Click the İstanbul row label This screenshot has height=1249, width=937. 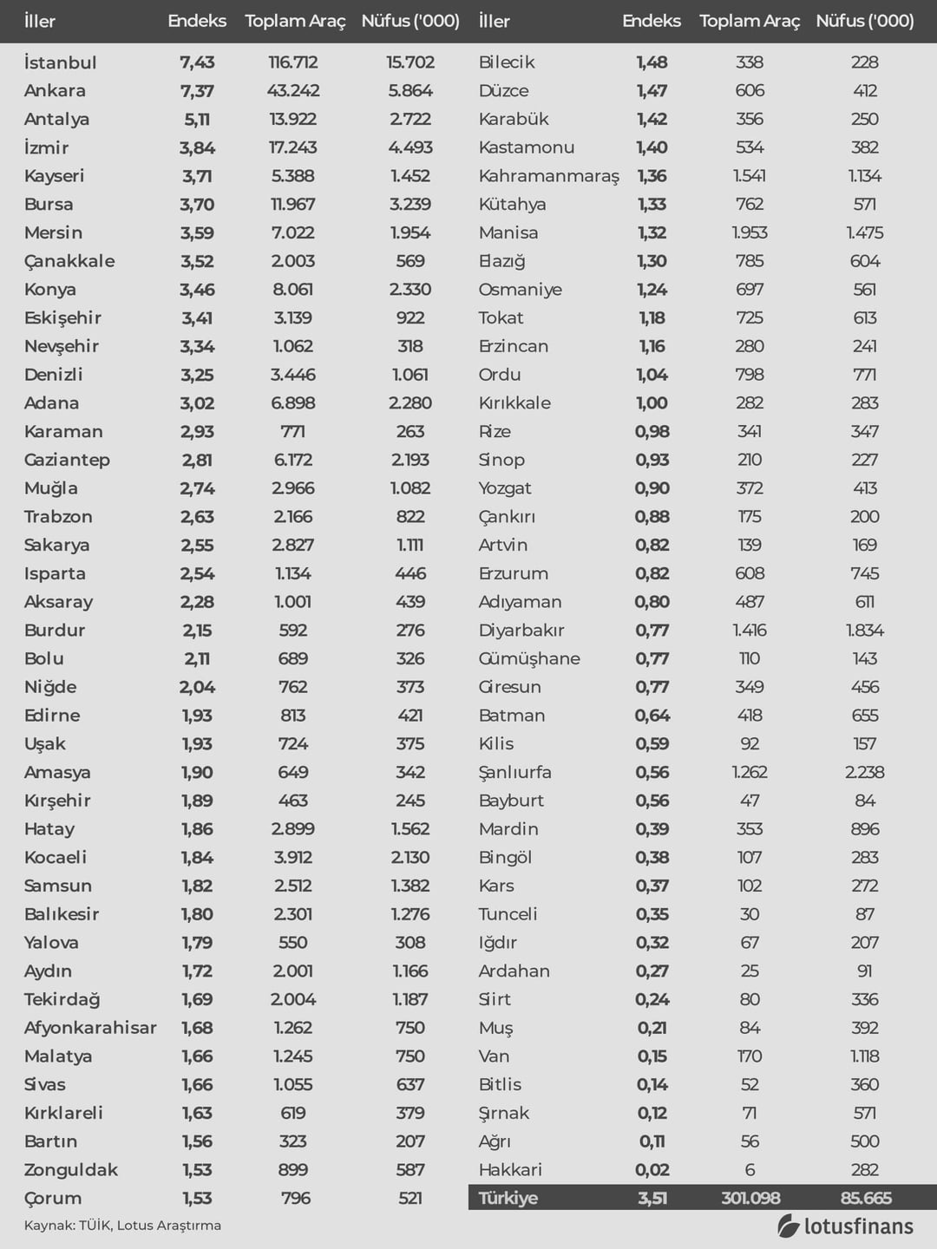pyautogui.click(x=60, y=62)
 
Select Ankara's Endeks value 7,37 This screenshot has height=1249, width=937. pyautogui.click(x=197, y=91)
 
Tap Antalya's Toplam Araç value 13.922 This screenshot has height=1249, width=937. pyautogui.click(x=293, y=120)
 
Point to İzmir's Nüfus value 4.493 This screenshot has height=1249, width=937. pyautogui.click(x=410, y=148)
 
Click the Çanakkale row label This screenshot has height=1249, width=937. pyautogui.click(x=69, y=261)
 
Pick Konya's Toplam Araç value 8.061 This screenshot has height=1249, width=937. pyautogui.click(x=293, y=290)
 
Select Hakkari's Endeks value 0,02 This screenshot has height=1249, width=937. pyautogui.click(x=652, y=1170)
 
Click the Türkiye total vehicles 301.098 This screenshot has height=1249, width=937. pyautogui.click(x=750, y=1198)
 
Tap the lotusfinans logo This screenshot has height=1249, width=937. pyautogui.click(x=845, y=1226)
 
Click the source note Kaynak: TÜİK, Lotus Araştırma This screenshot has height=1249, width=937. pyautogui.click(x=122, y=1226)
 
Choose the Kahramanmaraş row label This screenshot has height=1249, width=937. pyautogui.click(x=548, y=176)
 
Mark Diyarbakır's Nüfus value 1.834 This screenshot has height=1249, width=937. pyautogui.click(x=865, y=631)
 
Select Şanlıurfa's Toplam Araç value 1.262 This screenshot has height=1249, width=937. pyautogui.click(x=750, y=772)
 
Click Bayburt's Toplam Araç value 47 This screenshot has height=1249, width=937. pyautogui.click(x=750, y=801)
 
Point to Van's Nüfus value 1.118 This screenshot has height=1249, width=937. pyautogui.click(x=865, y=1056)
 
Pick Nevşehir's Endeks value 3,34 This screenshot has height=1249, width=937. pyautogui.click(x=197, y=346)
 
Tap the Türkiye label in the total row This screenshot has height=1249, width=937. pyautogui.click(x=508, y=1198)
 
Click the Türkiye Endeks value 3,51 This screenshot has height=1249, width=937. pyautogui.click(x=652, y=1198)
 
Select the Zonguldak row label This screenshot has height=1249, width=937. pyautogui.click(x=71, y=1170)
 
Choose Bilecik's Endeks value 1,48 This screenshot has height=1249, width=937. pyautogui.click(x=652, y=62)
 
